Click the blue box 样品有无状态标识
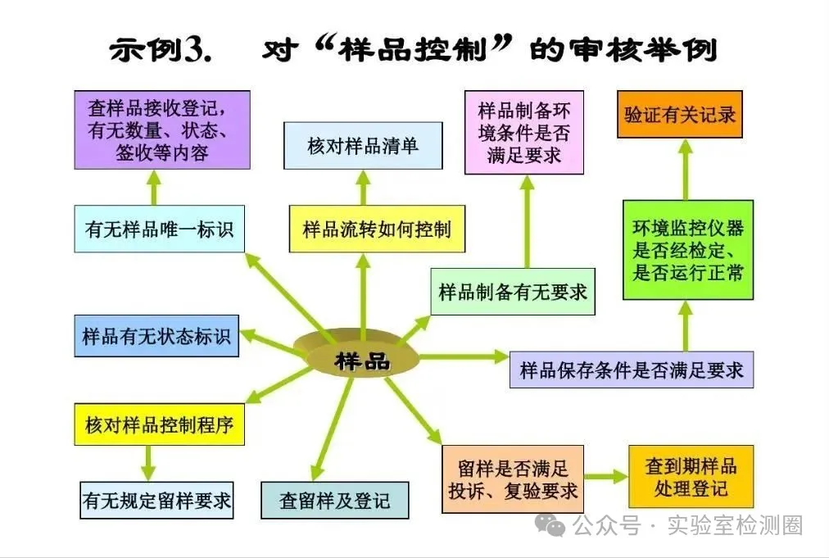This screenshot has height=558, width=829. coord(156,336)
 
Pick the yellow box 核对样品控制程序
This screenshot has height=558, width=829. coord(160,424)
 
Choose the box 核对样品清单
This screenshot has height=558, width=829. coord(363,146)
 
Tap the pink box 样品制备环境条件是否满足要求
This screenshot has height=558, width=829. coord(523,132)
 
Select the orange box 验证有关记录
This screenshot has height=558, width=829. coord(680,114)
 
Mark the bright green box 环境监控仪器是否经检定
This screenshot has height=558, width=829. coord(687,249)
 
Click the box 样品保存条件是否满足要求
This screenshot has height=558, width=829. coord(632,370)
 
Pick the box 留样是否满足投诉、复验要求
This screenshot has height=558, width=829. coord(513,479)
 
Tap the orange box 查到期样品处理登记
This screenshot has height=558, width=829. coord(691,477)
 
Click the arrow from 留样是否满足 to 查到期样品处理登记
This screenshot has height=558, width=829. coord(605,478)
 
